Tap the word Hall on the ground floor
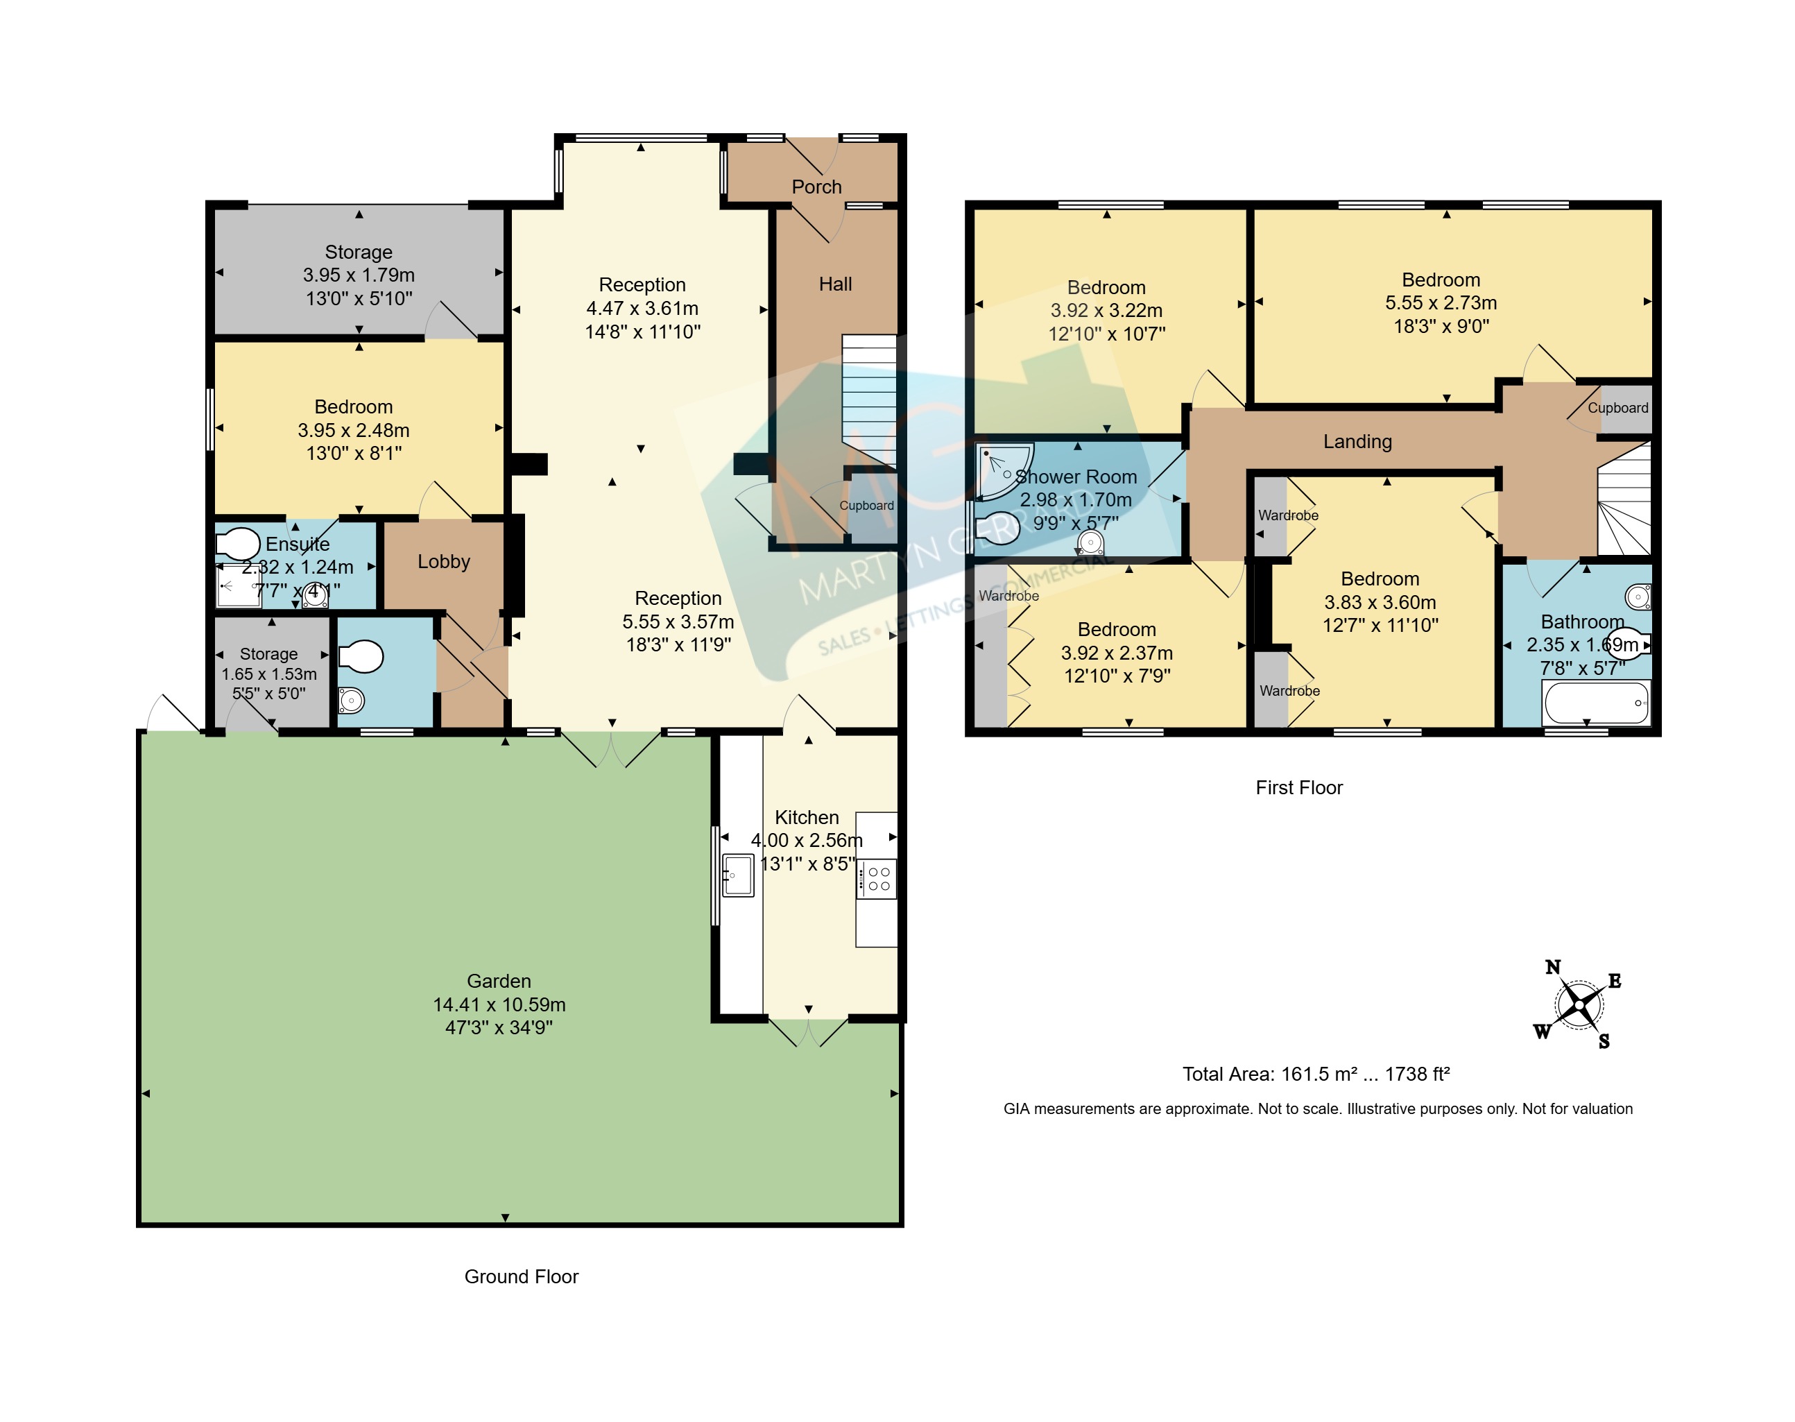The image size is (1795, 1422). [835, 284]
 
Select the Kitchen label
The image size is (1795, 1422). [807, 818]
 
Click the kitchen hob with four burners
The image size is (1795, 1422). [877, 879]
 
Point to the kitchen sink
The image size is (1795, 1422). [738, 875]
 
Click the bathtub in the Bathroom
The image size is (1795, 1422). [1597, 703]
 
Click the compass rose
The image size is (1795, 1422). [1578, 1005]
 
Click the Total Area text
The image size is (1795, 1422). [1316, 1074]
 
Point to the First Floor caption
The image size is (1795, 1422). [1299, 787]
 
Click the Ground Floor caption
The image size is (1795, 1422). [521, 1276]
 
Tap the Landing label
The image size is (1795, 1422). [1357, 442]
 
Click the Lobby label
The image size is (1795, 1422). [444, 562]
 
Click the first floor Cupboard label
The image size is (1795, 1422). [1617, 408]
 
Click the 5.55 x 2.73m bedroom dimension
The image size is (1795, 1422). [1441, 303]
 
